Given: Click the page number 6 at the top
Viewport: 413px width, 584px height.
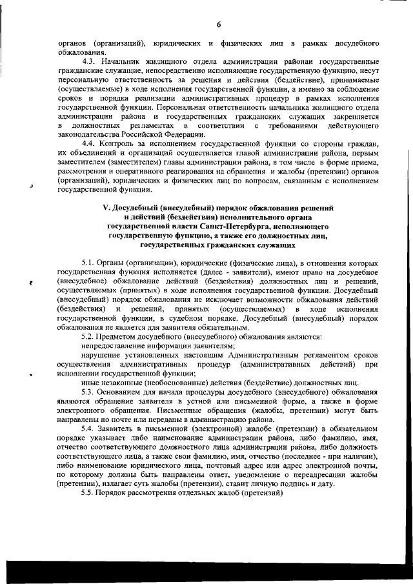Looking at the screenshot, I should (219, 25).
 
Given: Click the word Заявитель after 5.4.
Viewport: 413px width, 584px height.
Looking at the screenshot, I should (121, 428).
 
